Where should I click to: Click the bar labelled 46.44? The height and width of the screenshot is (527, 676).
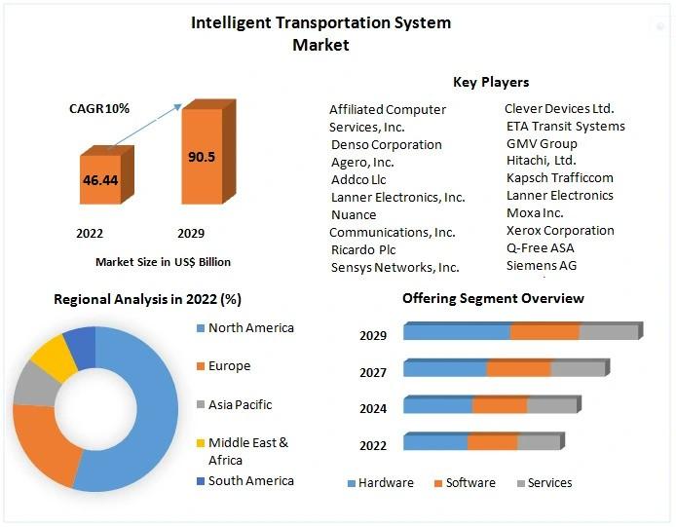101,181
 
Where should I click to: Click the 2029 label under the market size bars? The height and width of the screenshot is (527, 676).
191,234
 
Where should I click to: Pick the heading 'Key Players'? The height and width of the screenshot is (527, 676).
491,82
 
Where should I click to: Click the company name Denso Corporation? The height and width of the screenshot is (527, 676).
387,144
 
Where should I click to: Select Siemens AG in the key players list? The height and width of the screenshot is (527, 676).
541,265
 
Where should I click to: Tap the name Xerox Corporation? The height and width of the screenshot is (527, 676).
560,230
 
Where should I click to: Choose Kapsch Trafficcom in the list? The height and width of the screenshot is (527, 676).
559,177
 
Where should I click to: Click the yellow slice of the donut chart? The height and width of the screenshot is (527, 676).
55,358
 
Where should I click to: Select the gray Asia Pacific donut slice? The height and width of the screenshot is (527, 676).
33,386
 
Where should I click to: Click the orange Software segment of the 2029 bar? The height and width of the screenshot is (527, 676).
545,332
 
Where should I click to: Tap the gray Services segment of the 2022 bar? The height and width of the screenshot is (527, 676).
539,442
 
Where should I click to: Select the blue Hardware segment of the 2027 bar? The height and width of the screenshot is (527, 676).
445,368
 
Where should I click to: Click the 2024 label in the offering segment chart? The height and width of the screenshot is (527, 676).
373,409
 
